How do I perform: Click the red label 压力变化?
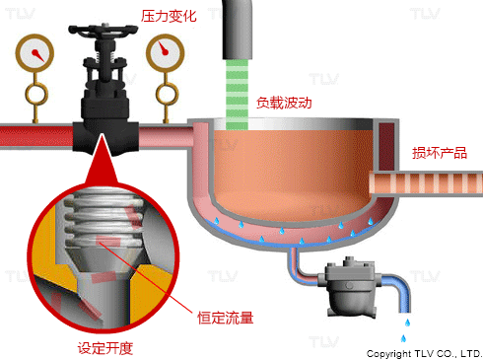pyautogui.click(x=169, y=16)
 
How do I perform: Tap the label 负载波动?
pyautogui.click(x=284, y=103)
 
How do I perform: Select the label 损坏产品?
pyautogui.click(x=440, y=153)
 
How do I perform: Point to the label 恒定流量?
pyautogui.click(x=226, y=318)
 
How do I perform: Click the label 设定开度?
pyautogui.click(x=105, y=348)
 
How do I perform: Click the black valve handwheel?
pyautogui.click(x=103, y=29)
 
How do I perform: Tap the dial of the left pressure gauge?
pyautogui.click(x=34, y=52)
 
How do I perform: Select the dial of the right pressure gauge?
pyautogui.click(x=166, y=52)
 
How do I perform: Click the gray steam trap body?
pyautogui.click(x=351, y=287)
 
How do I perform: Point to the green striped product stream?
pyautogui.click(x=237, y=94)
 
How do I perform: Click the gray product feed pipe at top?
pyautogui.click(x=238, y=30)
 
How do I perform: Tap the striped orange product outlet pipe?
pyautogui.click(x=426, y=183)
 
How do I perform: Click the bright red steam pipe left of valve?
pyautogui.click(x=36, y=136)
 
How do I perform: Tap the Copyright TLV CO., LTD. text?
pyautogui.click(x=424, y=354)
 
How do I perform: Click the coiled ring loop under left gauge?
pyautogui.click(x=36, y=94)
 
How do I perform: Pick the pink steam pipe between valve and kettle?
pyautogui.click(x=167, y=136)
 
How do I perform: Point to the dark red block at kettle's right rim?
pyautogui.click(x=386, y=146)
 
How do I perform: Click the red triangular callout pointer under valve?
pyautogui.click(x=102, y=160)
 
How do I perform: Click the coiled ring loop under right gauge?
pyautogui.click(x=167, y=94)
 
